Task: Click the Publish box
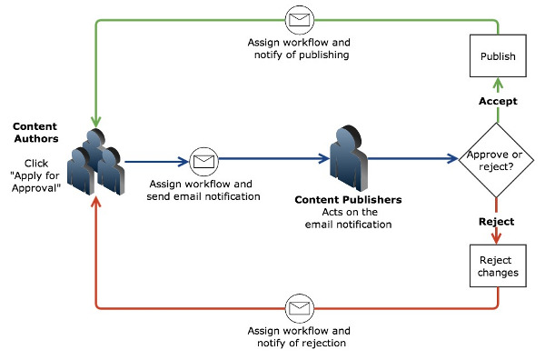[x=497, y=56]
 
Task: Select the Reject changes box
[x=497, y=266]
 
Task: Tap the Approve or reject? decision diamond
[x=494, y=160]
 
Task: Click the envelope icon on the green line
[x=300, y=17]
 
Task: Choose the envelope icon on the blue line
[x=203, y=162]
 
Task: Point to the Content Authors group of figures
[x=94, y=162]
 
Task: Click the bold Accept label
[x=498, y=102]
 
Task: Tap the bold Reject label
[x=497, y=222]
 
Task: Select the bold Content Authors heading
[x=36, y=132]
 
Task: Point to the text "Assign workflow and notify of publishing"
[x=299, y=49]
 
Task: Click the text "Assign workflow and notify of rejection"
[x=299, y=337]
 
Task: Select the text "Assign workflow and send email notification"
[x=203, y=190]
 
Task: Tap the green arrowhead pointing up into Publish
[x=498, y=85]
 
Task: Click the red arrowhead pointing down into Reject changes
[x=498, y=237]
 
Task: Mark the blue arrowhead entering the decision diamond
[x=452, y=159]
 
